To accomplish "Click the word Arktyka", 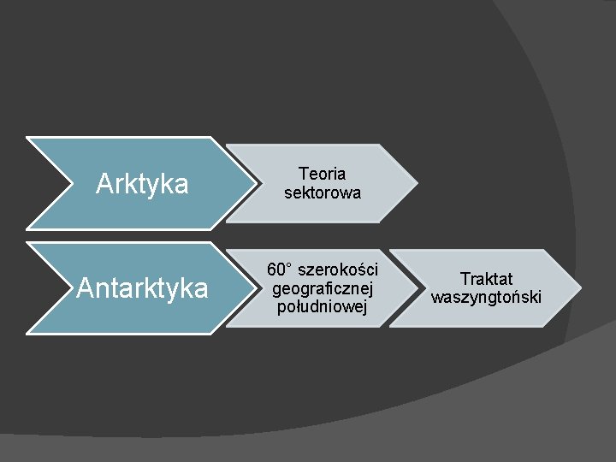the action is click(142, 184).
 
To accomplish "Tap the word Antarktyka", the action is click(142, 288).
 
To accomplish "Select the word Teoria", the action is click(323, 175).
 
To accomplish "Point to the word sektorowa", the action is click(323, 193).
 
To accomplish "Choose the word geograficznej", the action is click(323, 289).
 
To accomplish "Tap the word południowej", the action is click(323, 307).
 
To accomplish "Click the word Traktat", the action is click(486, 279).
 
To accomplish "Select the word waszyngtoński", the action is click(486, 298).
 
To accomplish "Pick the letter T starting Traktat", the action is click(465, 279).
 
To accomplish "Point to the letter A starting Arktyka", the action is click(104, 184).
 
